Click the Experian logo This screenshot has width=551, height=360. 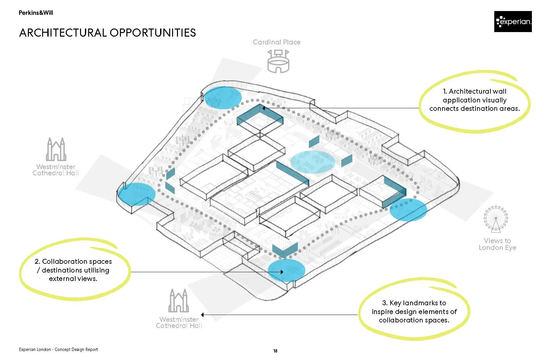click(x=513, y=21)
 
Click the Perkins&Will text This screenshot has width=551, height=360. click(x=36, y=13)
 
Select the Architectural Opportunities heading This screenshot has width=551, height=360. click(x=108, y=33)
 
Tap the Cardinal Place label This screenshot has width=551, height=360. click(x=276, y=42)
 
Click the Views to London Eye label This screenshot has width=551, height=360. click(x=498, y=244)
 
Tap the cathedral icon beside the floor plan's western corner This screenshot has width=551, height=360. click(x=56, y=149)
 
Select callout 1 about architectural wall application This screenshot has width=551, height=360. click(x=475, y=100)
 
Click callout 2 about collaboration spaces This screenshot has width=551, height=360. click(x=73, y=270)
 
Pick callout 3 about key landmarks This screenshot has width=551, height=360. click(x=414, y=311)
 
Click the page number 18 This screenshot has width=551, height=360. click(x=275, y=351)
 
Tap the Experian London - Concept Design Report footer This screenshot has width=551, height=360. click(x=58, y=349)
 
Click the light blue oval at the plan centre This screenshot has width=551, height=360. click(x=312, y=162)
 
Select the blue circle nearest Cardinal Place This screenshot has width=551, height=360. click(x=223, y=98)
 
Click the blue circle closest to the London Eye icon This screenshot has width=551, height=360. click(x=408, y=210)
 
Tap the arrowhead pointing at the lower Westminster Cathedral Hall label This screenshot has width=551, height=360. click(x=203, y=315)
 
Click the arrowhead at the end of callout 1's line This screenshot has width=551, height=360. click(x=264, y=108)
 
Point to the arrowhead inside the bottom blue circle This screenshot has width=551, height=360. click(x=282, y=272)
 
